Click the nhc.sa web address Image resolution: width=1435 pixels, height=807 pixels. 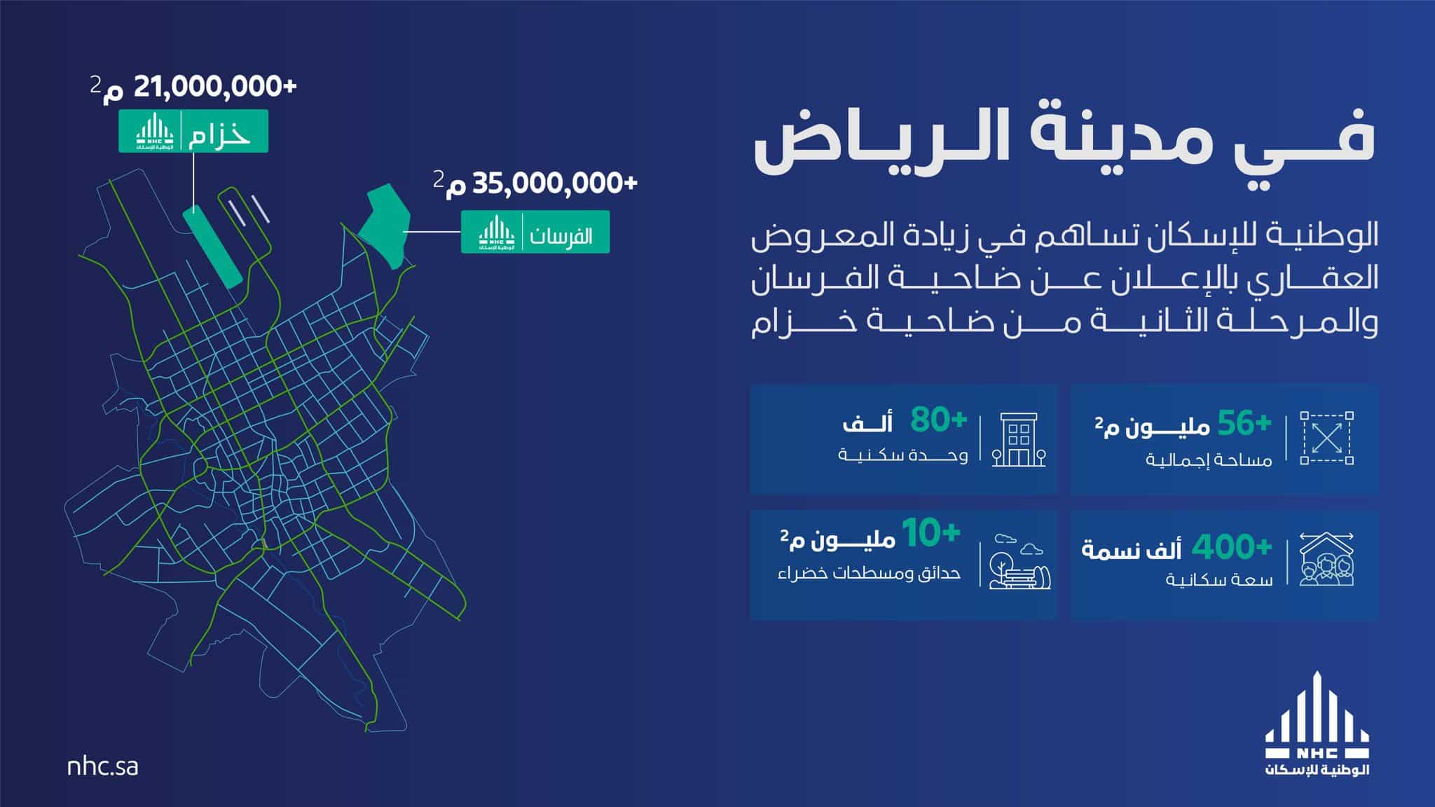[102, 766]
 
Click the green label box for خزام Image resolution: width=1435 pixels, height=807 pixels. [193, 131]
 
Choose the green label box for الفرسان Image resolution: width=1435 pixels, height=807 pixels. [535, 232]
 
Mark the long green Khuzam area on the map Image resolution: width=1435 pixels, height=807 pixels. [212, 246]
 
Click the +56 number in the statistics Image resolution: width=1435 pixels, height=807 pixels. [1244, 422]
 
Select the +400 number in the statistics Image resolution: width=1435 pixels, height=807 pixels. [1233, 547]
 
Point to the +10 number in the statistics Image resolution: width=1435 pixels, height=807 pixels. [931, 534]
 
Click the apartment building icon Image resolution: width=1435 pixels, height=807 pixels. [1019, 439]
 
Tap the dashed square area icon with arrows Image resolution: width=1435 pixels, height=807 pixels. [1326, 438]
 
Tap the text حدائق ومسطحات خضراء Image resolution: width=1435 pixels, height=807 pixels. [869, 573]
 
